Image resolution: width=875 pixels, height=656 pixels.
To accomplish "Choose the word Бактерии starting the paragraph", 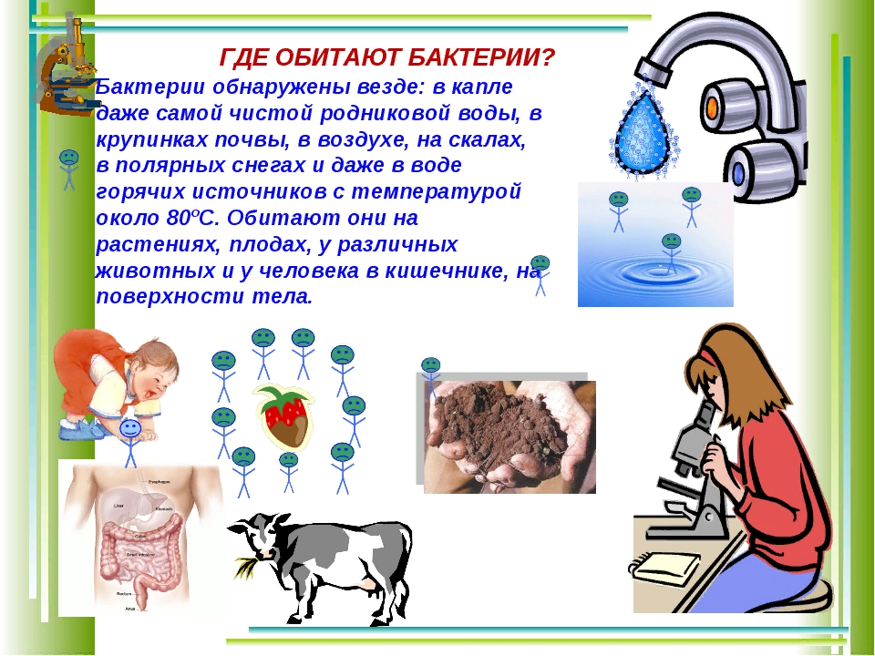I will pos(142,87).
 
